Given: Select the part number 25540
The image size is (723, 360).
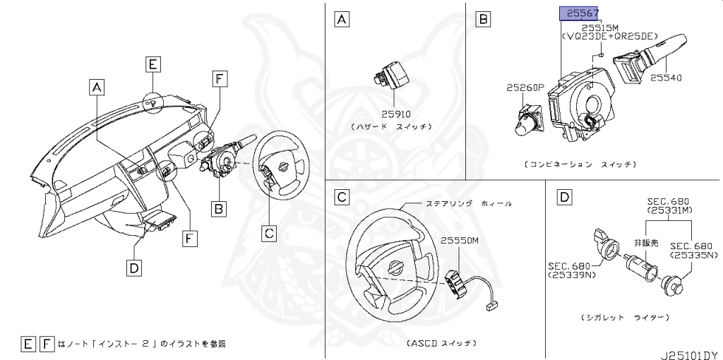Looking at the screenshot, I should pos(666,78).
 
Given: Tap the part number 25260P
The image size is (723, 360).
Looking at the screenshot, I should pos(525,88).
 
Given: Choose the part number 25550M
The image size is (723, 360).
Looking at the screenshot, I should pos(460,239).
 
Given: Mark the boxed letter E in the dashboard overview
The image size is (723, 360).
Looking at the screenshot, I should pos(153,65).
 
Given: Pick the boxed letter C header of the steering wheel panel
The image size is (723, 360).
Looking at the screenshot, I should pos(341,197).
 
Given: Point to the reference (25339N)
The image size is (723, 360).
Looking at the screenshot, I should pos(570,275).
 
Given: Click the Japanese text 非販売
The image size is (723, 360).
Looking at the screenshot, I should pos(645,242).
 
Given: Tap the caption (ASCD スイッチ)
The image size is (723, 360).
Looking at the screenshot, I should pos(441,344).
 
